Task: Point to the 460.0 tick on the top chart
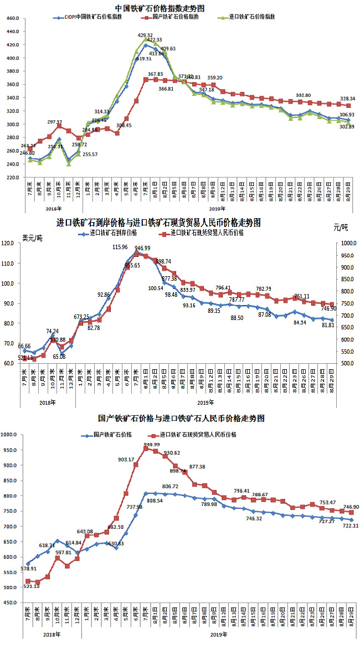tap(12, 18)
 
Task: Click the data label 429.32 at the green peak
tap(145, 35)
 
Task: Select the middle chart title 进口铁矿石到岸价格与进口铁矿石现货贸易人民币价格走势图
tap(159, 223)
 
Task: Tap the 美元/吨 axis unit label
tap(32, 238)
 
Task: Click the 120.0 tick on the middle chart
tap(13, 244)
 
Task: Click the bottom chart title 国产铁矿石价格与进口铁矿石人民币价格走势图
tap(173, 419)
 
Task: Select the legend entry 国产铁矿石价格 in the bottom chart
tap(114, 435)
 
